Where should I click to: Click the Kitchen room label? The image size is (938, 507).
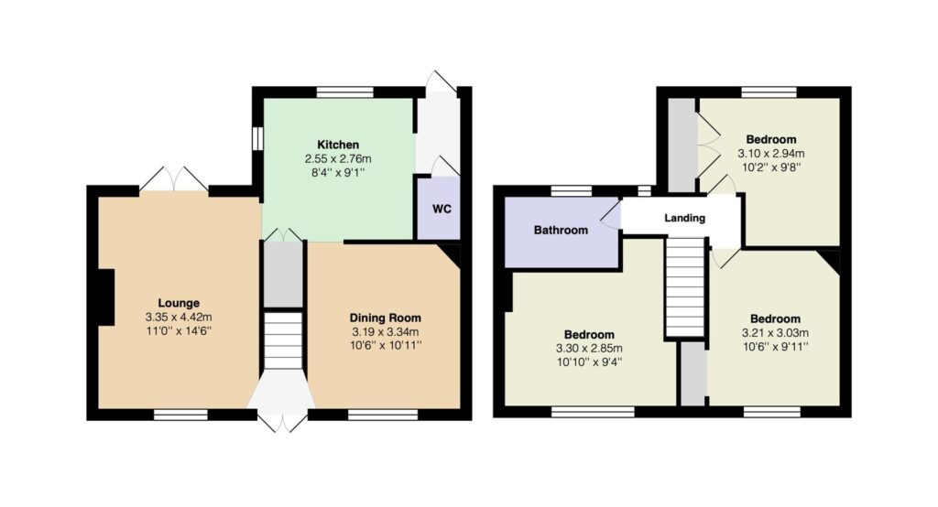tap(338, 145)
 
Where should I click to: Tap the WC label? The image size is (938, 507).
tap(442, 210)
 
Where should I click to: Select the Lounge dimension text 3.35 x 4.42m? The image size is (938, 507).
tap(179, 318)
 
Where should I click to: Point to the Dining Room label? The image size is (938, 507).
tap(386, 318)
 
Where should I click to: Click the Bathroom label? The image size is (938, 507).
tap(561, 231)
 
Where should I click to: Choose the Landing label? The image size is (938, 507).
tap(684, 218)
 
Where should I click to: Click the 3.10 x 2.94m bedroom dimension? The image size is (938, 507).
tap(770, 154)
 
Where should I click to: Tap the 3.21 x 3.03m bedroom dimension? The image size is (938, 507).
tap(775, 333)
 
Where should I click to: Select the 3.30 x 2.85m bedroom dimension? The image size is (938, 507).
tap(589, 349)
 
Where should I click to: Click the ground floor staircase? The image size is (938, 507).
tap(283, 340)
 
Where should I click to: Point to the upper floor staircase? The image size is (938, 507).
tap(685, 287)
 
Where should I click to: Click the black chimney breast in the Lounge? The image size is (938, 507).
tap(106, 297)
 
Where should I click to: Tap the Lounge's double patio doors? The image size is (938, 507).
tap(174, 179)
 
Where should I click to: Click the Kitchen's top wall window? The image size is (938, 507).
tap(345, 92)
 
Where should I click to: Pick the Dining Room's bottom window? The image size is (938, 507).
tap(383, 415)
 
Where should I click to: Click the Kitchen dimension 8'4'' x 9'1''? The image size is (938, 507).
tap(338, 173)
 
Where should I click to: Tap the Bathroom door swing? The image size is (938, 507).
tap(611, 214)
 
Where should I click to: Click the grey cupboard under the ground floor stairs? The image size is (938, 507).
tap(284, 275)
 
